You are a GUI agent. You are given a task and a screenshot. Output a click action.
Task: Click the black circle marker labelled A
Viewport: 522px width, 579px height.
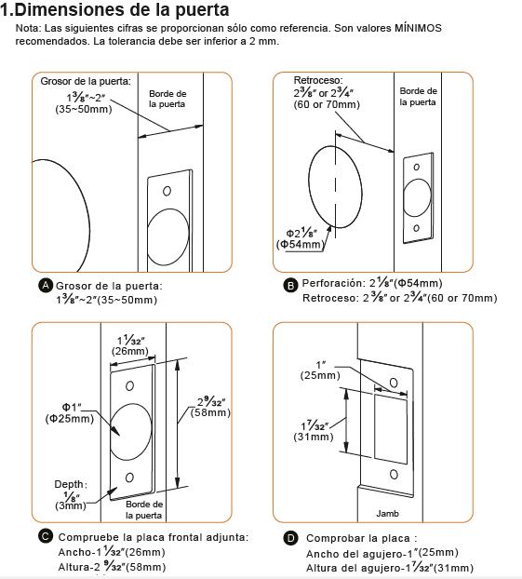(46, 286)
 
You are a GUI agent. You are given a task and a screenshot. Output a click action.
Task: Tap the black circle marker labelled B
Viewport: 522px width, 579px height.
(290, 286)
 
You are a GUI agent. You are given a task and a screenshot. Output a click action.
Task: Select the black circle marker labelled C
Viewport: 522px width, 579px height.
(46, 536)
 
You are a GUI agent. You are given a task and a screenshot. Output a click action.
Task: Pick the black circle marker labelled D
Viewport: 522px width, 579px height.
(290, 538)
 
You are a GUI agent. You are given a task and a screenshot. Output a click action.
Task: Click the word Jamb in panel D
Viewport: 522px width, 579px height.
(388, 513)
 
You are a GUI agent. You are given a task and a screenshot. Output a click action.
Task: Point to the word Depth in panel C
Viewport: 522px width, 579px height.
(69, 484)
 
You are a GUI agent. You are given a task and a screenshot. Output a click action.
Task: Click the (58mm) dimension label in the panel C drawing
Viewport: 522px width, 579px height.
(210, 412)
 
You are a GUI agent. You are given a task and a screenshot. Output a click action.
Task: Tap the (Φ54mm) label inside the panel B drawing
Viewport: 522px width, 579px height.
(301, 245)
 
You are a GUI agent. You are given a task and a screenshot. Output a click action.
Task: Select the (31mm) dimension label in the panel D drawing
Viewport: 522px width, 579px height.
(314, 437)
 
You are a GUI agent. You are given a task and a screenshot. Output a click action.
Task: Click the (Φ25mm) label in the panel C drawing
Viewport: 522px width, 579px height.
(70, 419)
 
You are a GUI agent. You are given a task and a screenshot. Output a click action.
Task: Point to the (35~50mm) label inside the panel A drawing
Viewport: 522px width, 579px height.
(84, 109)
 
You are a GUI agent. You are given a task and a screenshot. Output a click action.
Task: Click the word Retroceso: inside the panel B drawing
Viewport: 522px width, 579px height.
(318, 80)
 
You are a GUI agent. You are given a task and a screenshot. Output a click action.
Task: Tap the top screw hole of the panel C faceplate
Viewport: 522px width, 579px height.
(129, 386)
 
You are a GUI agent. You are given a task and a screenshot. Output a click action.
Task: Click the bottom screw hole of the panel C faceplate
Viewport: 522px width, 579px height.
(129, 478)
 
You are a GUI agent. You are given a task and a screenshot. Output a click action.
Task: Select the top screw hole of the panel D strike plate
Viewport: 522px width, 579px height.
(394, 383)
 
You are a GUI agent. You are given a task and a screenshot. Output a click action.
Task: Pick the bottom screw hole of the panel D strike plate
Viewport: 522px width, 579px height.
(394, 474)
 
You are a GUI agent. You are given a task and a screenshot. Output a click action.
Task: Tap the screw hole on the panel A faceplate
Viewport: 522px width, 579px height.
(167, 191)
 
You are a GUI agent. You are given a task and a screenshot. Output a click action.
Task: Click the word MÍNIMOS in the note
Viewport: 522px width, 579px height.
(418, 28)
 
